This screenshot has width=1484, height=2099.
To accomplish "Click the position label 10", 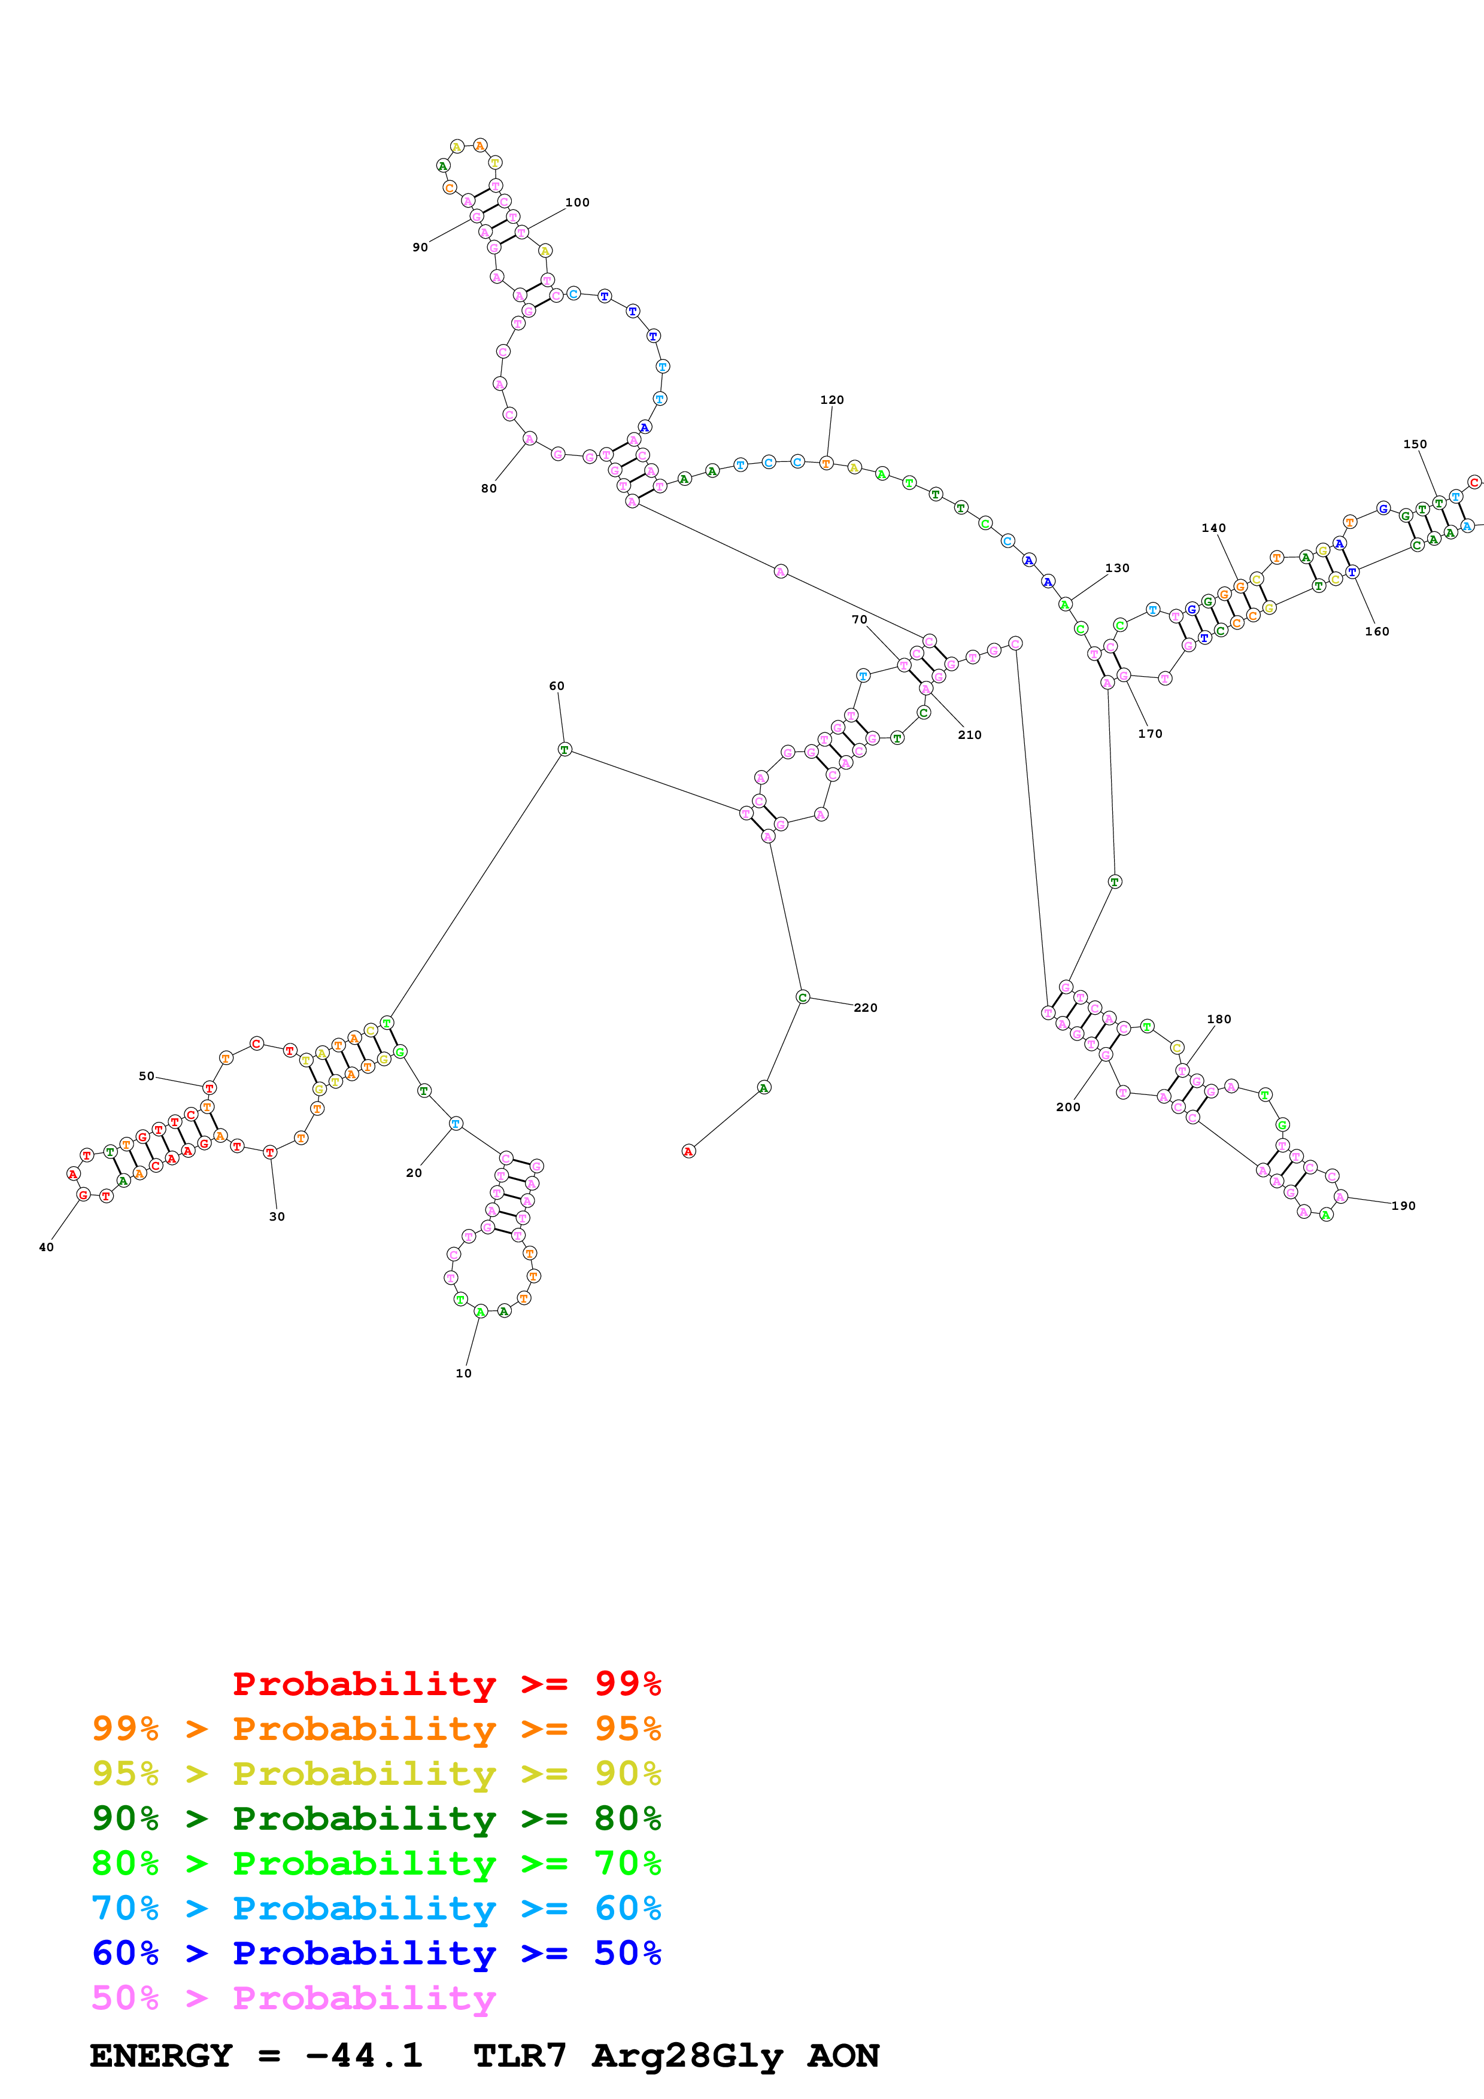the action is point(463,1373).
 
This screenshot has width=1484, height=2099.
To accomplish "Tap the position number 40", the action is point(45,1247).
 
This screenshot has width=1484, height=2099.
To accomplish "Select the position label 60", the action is point(557,686).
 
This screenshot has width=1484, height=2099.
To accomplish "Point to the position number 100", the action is point(577,202).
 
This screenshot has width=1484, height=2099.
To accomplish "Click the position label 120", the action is point(832,400).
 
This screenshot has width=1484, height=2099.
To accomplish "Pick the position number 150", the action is point(1415,445).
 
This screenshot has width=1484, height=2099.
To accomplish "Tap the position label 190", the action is point(1404,1206).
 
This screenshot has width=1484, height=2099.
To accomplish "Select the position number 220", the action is point(866,1008).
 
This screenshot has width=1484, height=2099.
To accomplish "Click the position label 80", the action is point(489,488).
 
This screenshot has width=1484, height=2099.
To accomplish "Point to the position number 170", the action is point(1150,733).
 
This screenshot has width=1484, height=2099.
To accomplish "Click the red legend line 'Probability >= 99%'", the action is point(446,1684).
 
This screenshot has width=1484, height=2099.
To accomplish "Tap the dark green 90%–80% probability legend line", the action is point(376,1818).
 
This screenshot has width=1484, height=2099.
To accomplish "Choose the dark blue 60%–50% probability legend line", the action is point(376,1953).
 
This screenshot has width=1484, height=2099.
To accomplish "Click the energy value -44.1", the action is point(364,2055).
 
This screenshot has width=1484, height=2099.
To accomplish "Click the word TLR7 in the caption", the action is point(520,2055).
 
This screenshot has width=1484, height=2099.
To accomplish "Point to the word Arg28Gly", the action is point(688,2055).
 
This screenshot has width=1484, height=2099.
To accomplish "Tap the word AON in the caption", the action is point(842,2055).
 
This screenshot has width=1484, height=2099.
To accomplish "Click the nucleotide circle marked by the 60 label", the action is point(564,750).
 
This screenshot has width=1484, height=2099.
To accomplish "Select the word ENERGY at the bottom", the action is point(161,2055).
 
